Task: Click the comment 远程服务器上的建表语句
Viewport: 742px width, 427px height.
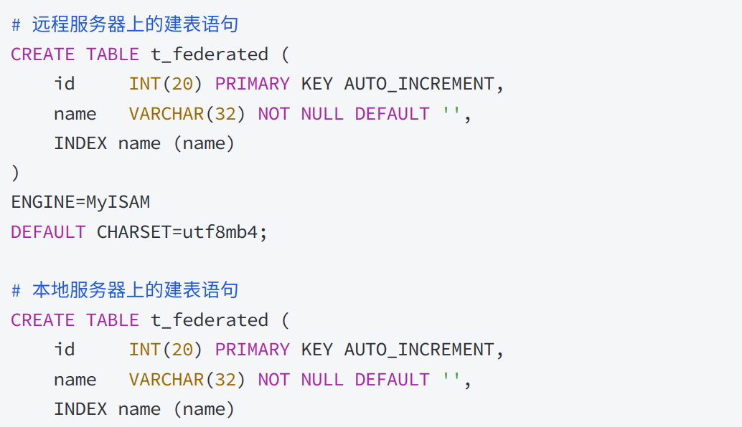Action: click(x=134, y=25)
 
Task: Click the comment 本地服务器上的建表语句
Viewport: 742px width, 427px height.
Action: click(x=134, y=291)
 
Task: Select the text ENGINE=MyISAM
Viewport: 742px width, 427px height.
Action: click(x=80, y=202)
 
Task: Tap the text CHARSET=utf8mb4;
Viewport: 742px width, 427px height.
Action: click(x=182, y=232)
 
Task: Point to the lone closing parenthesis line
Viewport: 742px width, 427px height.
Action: click(x=15, y=173)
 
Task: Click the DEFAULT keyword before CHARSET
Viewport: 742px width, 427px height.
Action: click(x=48, y=232)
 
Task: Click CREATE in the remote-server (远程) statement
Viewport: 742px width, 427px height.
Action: click(x=42, y=54)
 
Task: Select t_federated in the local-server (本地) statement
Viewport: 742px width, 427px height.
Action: click(x=210, y=320)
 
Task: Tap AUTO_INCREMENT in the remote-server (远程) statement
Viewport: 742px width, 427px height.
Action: click(x=419, y=85)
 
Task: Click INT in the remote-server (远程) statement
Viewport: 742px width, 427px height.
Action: click(x=145, y=85)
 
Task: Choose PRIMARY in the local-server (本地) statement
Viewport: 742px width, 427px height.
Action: click(x=253, y=350)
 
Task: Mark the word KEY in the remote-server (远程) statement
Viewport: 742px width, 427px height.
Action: click(x=316, y=85)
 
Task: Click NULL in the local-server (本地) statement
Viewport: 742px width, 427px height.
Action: click(x=322, y=380)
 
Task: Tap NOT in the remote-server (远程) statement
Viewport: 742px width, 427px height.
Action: click(x=273, y=114)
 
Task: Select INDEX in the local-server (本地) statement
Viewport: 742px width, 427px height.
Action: click(x=80, y=409)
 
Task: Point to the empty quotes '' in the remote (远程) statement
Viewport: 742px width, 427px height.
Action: click(x=451, y=114)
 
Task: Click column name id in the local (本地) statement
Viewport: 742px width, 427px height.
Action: click(x=65, y=350)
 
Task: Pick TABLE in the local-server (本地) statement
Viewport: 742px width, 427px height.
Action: click(x=113, y=320)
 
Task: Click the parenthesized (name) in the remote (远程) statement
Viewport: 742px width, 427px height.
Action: click(x=204, y=143)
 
